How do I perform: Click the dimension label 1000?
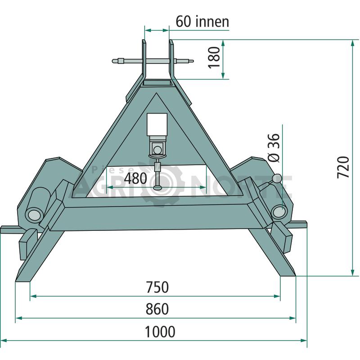[x=160, y=332]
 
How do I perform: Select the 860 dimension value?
[x=157, y=309]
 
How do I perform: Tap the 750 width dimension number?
[x=157, y=287]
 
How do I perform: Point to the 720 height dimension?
[x=343, y=167]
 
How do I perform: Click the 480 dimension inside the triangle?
[x=135, y=178]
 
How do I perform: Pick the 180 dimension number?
[x=214, y=58]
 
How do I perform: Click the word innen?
[x=212, y=22]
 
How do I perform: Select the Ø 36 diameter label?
[x=274, y=148]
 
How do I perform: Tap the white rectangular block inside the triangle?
[x=157, y=125]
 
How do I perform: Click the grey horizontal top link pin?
[x=153, y=61]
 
